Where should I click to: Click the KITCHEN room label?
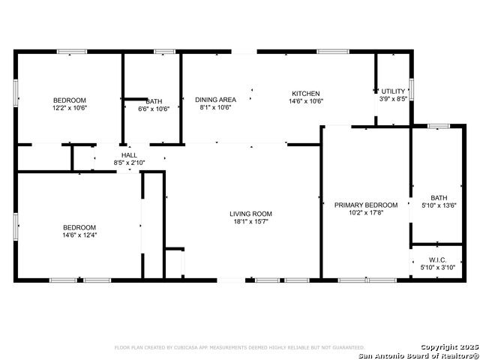coord(306,94)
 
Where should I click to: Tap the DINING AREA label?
coord(215,100)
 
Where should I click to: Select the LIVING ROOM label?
coord(250,214)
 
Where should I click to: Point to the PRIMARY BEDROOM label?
coord(366,205)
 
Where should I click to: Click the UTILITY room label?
coord(393,91)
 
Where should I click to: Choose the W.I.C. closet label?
coord(437,260)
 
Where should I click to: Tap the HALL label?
coord(129,155)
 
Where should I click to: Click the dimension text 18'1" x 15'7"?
coord(251,222)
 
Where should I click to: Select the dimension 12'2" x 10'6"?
coord(70,108)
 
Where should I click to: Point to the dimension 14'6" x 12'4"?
coord(79,235)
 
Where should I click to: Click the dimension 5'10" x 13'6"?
coord(439,205)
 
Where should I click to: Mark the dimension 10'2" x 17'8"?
coord(366,213)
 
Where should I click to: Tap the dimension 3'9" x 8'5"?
coord(393,99)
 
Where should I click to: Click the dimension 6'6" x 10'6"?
coord(154,109)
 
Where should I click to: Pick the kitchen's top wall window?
coord(333,52)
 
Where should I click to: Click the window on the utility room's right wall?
coord(412,89)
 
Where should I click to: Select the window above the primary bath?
coord(439,126)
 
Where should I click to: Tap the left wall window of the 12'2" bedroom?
coord(16,93)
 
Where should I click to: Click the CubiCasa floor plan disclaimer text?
coord(240,347)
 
